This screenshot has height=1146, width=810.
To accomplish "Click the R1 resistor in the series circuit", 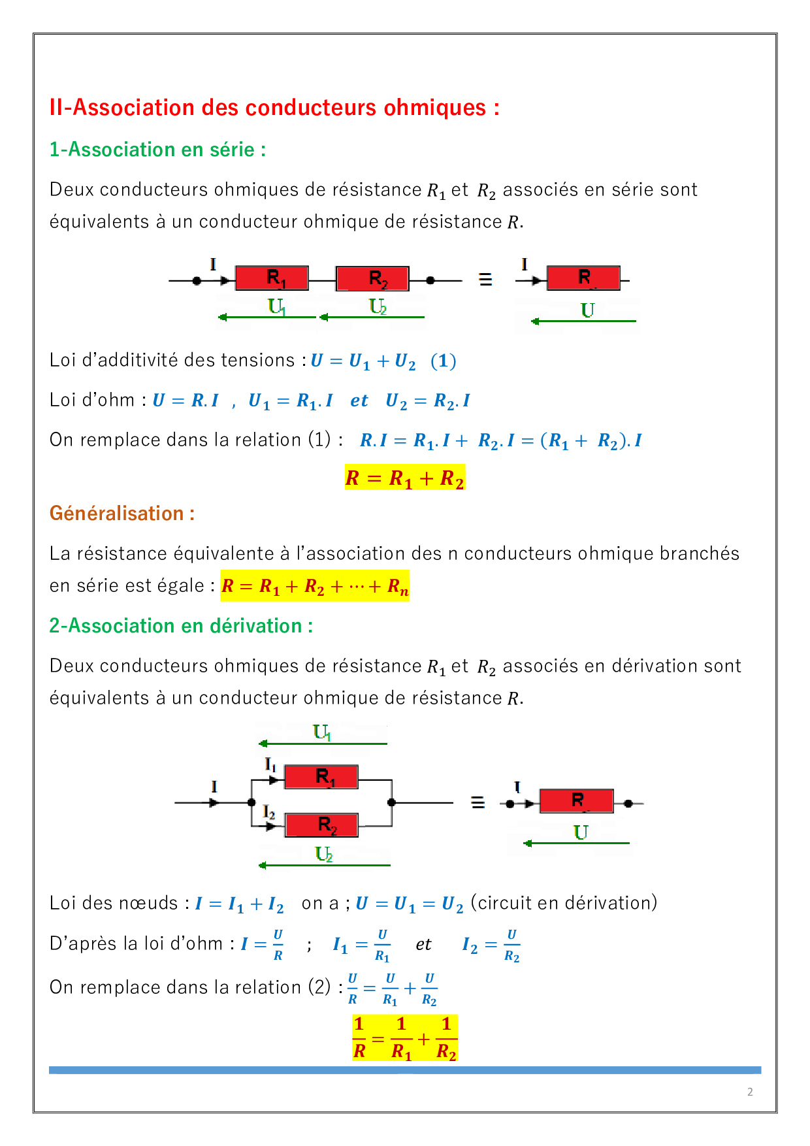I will (x=272, y=278).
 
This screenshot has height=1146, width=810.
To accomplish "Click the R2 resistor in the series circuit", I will (x=372, y=278).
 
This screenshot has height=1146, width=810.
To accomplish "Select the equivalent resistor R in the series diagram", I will (x=583, y=278).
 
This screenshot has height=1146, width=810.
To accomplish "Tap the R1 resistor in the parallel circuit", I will (x=321, y=777).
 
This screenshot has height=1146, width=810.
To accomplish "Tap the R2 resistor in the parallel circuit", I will (x=321, y=825).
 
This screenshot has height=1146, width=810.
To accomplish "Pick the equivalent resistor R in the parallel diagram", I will (x=576, y=801).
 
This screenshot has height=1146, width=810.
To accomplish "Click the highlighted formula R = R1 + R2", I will (x=404, y=478).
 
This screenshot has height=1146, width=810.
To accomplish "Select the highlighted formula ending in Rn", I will (x=315, y=586).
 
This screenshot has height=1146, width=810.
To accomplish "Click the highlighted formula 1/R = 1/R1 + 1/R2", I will (x=405, y=1038).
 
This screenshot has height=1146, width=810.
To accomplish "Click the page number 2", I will (x=750, y=1092).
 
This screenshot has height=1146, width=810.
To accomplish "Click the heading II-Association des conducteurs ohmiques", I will (x=274, y=108).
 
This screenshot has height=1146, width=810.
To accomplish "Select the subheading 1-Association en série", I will (x=157, y=150).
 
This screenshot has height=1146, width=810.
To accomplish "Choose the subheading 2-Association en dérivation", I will (x=181, y=626).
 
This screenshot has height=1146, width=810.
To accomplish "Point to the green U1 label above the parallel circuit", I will (x=322, y=732).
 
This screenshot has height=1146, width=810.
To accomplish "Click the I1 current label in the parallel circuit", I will (x=270, y=764).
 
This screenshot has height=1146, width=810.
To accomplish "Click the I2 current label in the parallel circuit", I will (x=269, y=812).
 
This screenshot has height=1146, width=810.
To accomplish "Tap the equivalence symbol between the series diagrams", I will (x=485, y=280).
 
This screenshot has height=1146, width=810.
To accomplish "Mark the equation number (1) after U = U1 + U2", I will (x=444, y=361).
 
